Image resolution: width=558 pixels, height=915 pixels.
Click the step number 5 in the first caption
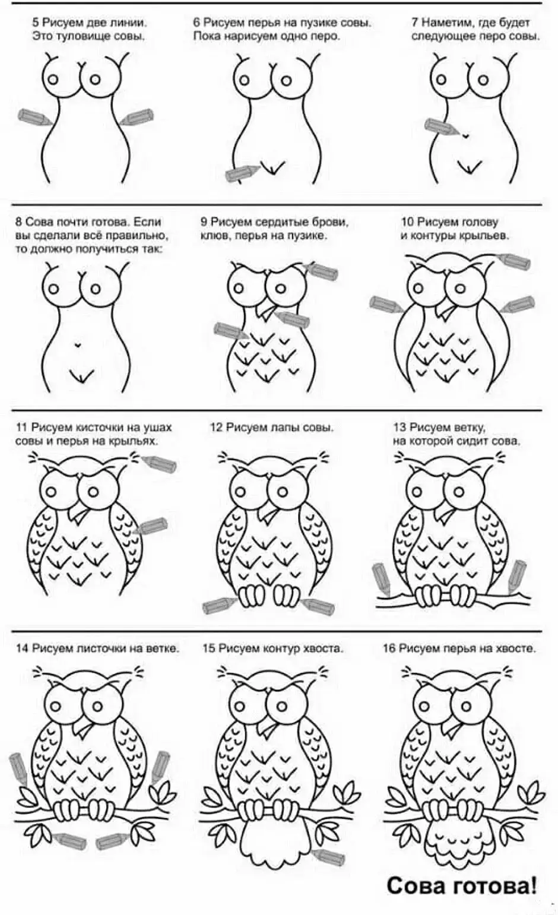point(36,23)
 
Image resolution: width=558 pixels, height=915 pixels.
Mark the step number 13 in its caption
point(399,428)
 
